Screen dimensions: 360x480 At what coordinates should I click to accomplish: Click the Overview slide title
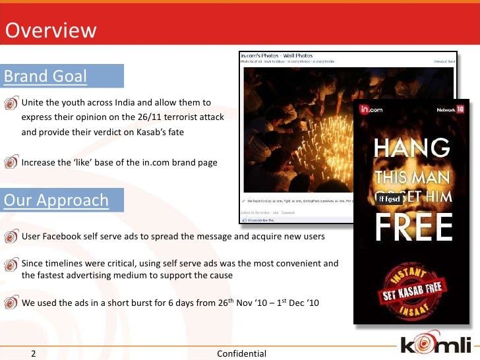pos(51,31)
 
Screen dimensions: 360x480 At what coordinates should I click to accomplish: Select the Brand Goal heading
pos(45,76)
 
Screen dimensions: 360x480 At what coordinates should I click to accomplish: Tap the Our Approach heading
pos(56,200)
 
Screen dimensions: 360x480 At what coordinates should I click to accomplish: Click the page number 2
pos(34,354)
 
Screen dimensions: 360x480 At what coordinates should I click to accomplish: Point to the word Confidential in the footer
pos(241,354)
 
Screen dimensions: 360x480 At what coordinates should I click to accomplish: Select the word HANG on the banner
pos(413,148)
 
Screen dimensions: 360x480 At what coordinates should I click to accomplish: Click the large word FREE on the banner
pos(413,227)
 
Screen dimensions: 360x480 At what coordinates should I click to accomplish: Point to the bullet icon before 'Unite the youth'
pos(13,104)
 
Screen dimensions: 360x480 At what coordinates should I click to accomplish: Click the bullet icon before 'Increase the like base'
pos(13,162)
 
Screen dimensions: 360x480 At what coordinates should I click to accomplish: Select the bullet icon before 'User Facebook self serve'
pos(13,236)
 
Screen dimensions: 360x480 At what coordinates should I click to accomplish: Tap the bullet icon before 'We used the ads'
pos(13,303)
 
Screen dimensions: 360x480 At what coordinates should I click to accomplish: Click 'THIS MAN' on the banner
pos(413,177)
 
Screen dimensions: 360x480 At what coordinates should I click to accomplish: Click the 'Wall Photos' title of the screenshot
pos(298,55)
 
